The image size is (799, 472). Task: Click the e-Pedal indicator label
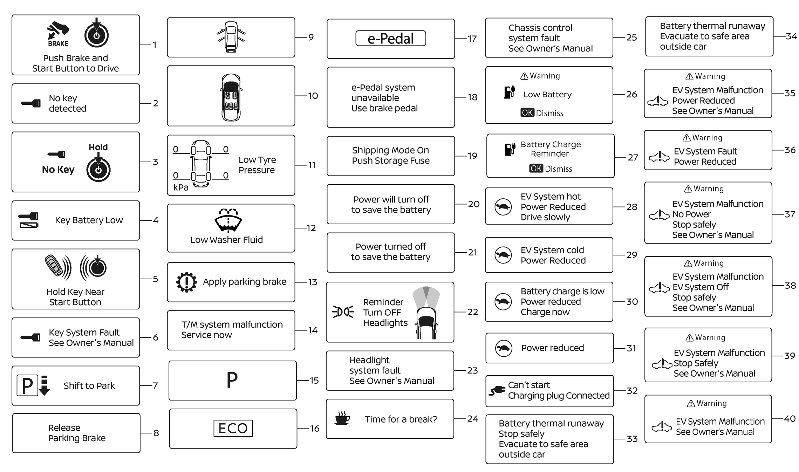coord(390,39)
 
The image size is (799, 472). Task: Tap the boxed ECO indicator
coord(233,428)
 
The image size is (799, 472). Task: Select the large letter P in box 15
coord(232,380)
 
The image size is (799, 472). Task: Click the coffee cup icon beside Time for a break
coord(342,418)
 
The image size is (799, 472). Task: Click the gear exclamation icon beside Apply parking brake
coord(186,282)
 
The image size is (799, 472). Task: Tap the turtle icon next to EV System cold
coord(503,255)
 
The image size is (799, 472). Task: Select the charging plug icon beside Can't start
coord(497,391)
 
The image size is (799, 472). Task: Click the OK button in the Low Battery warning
coord(527,113)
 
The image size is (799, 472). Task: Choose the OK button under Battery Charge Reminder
coord(536,169)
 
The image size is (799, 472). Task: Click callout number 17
coord(472,39)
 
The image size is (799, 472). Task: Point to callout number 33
coord(632,439)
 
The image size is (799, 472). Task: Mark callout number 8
coord(156,433)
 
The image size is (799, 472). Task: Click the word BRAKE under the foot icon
coord(58,44)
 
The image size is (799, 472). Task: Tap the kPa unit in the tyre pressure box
coord(181,187)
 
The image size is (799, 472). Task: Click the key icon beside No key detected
coord(31,103)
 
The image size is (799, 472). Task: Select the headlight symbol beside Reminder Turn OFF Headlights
coord(343,312)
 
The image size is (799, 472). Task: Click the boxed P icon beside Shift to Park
coord(27,386)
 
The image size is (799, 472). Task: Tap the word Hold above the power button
coord(98,147)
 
